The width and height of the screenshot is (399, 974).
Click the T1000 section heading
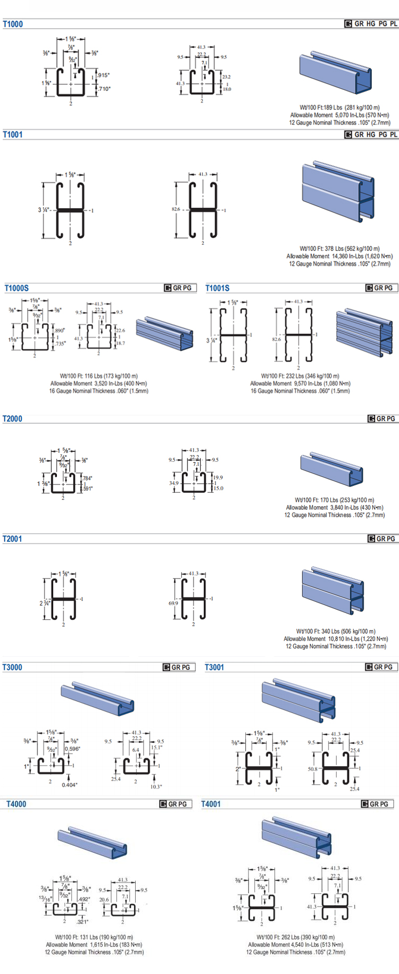13,24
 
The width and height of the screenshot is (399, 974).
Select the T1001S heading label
218,288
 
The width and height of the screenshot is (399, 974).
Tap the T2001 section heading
12,539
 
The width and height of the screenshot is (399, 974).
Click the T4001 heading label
211,804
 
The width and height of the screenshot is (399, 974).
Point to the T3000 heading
12,667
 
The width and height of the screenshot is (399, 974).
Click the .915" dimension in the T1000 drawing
104,75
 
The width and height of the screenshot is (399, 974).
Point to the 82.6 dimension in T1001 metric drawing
176,209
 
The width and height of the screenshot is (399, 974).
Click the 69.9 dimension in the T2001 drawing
173,603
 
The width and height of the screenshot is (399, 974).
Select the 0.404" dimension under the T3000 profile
69,785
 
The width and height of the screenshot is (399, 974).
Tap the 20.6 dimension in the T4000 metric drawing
104,900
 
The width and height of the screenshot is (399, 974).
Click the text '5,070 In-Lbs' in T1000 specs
349,115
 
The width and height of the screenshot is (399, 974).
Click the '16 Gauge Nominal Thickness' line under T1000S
99,391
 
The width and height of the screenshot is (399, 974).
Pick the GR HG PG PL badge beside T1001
371,135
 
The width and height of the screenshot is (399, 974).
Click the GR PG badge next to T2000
382,419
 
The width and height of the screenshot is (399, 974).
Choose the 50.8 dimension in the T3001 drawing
312,769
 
